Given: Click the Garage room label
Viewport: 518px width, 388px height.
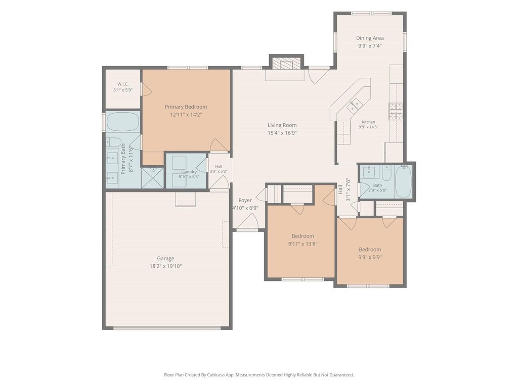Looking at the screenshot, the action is (x=165, y=258).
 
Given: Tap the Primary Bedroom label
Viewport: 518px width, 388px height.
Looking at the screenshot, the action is (x=186, y=107).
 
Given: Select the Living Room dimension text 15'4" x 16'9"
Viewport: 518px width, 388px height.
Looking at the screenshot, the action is (x=282, y=133).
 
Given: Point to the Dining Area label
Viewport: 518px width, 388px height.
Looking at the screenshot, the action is (x=370, y=38).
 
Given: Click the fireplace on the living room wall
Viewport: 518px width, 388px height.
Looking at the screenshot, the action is (x=287, y=63).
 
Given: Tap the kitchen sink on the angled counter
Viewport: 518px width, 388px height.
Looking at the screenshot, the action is (x=355, y=105).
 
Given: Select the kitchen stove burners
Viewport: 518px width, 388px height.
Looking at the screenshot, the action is (x=396, y=111).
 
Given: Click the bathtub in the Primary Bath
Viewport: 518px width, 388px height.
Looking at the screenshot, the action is (x=122, y=122).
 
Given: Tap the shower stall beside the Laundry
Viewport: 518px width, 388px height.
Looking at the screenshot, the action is (x=152, y=177).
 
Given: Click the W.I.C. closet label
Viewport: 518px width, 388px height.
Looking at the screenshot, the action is (x=123, y=84).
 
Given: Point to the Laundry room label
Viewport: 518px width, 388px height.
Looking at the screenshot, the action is (x=189, y=172).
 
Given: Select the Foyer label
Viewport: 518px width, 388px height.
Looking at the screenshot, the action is (x=245, y=200).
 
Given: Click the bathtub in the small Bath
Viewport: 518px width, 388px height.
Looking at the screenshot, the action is (x=403, y=181).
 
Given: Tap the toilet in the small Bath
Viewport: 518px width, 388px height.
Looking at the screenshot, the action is (x=386, y=171).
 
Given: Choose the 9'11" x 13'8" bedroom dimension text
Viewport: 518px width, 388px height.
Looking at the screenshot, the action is (x=303, y=244).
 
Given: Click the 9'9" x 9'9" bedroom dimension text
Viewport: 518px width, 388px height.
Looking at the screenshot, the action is (x=370, y=257).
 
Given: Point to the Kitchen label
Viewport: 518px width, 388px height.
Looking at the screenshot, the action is (x=368, y=122).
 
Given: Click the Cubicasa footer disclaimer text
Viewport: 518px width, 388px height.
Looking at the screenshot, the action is (x=259, y=375).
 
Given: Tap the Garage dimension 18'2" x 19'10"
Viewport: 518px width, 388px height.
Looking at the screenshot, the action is (x=165, y=266).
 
